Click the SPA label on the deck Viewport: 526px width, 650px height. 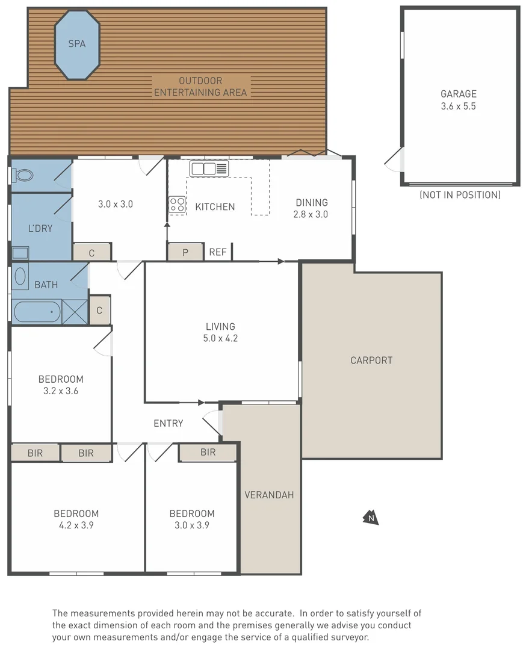pyautogui.click(x=76, y=44)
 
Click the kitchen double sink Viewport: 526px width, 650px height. pyautogui.click(x=209, y=169)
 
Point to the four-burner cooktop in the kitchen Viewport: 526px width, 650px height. pyautogui.click(x=177, y=205)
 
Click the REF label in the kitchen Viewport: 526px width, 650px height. pyautogui.click(x=218, y=252)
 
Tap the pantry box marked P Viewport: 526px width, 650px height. pyautogui.click(x=185, y=252)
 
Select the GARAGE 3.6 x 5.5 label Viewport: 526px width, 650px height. pyautogui.click(x=459, y=100)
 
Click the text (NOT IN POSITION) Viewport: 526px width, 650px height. pyautogui.click(x=460, y=195)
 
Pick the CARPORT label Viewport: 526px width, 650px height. pyautogui.click(x=371, y=361)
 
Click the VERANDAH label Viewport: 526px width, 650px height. pyautogui.click(x=269, y=495)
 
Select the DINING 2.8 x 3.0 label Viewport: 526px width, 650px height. pyautogui.click(x=311, y=208)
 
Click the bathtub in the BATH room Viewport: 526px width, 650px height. pyautogui.click(x=36, y=312)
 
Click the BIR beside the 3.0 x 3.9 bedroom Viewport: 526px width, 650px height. pyautogui.click(x=208, y=453)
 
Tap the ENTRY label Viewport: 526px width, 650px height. pyautogui.click(x=169, y=424)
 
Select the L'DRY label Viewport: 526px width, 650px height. pyautogui.click(x=40, y=229)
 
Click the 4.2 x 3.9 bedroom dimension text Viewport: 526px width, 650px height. pyautogui.click(x=76, y=525)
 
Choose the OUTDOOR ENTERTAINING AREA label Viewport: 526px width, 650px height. pyautogui.click(x=200, y=87)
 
